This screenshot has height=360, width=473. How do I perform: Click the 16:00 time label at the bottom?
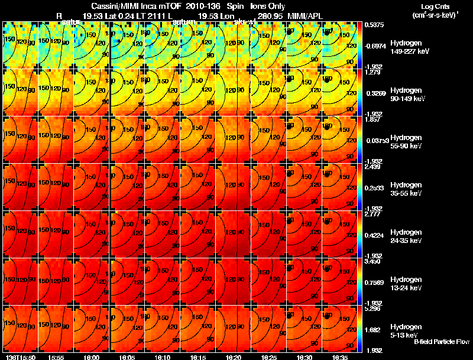pyautogui.click(x=92, y=357)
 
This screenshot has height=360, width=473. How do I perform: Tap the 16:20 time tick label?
pyautogui.click(x=234, y=357)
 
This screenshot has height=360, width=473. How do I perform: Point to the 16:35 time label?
pyautogui.click(x=340, y=357)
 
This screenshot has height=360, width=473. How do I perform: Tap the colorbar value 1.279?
pyautogui.click(x=373, y=73)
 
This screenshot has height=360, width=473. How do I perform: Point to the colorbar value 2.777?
pyautogui.click(x=373, y=215)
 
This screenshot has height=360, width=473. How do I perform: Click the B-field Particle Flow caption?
pyautogui.click(x=441, y=342)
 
